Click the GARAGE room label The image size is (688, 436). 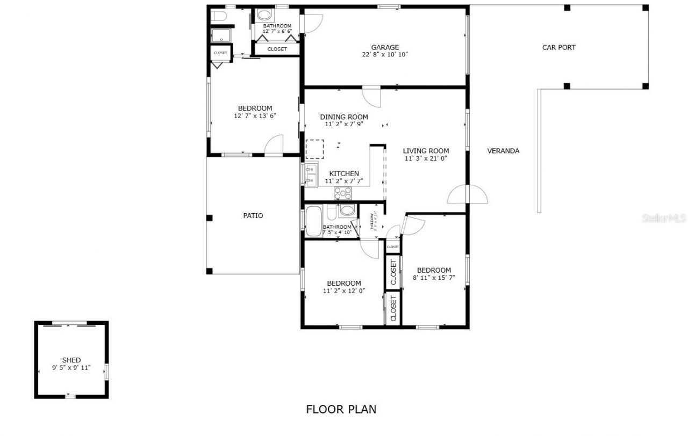[x=384, y=47]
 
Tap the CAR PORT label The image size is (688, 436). [x=558, y=47]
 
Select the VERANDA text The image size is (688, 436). [x=503, y=151]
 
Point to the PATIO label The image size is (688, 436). [x=253, y=215]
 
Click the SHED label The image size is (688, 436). [x=71, y=360]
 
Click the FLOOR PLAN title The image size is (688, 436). [x=341, y=409]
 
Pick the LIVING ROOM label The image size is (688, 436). [x=426, y=151]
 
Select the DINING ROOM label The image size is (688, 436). [x=344, y=117]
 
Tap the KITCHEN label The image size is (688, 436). [x=344, y=173]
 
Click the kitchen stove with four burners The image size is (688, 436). [x=343, y=193]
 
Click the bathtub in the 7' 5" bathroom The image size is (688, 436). [x=313, y=221]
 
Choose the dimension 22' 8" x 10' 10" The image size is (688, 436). [x=384, y=54]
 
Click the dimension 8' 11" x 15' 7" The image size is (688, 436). [x=434, y=278]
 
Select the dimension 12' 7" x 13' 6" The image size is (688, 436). [x=255, y=115]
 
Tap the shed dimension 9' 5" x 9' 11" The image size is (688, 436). [x=71, y=367]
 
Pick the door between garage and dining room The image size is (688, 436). [x=371, y=97]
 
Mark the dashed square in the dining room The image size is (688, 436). [x=314, y=149]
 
